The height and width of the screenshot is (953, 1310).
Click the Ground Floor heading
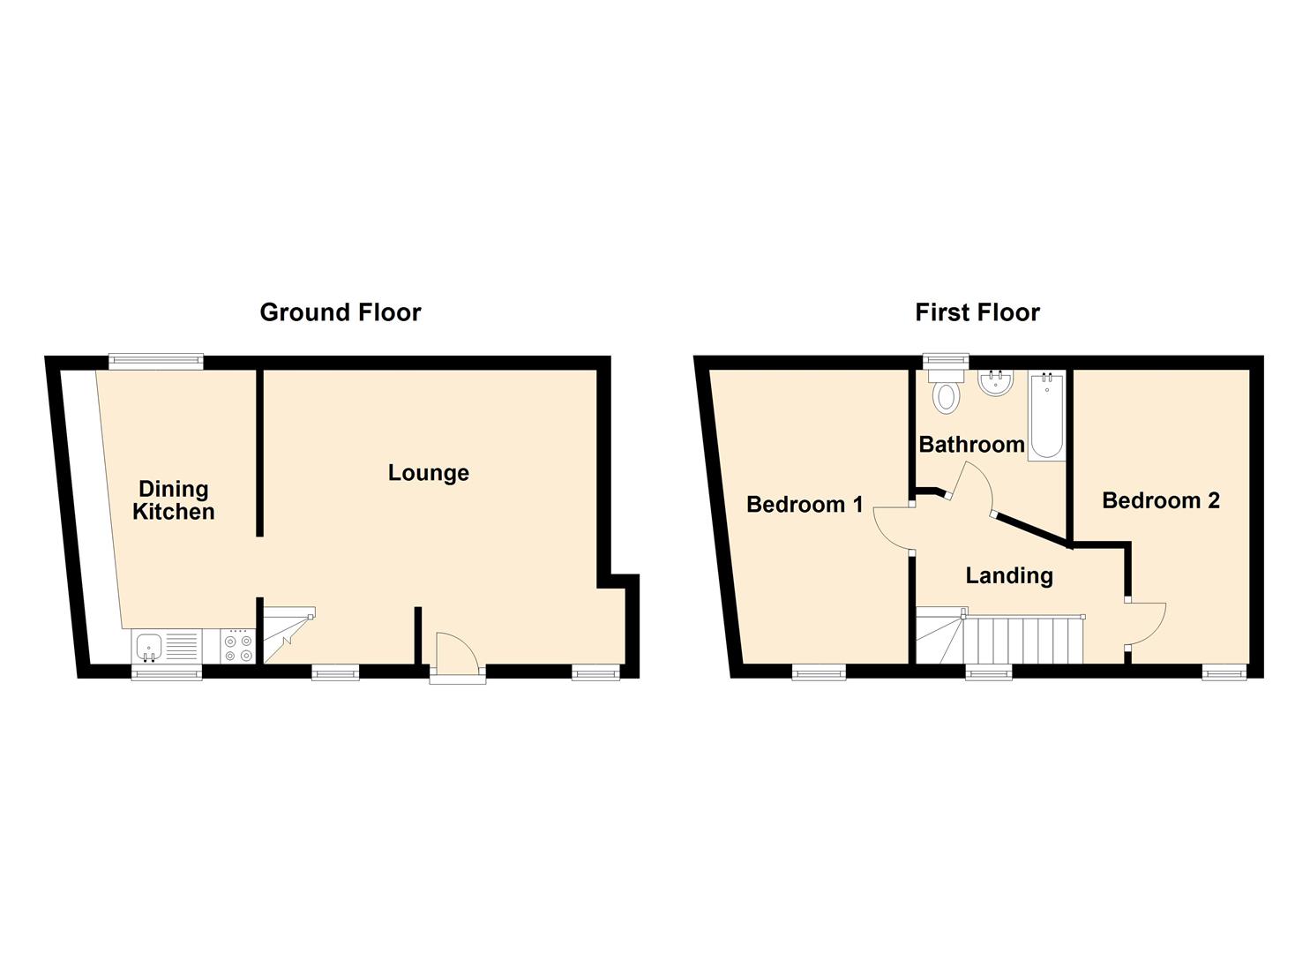pos(341,312)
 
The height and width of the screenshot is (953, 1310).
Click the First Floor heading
pos(977,312)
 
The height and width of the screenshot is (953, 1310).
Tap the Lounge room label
pos(429,473)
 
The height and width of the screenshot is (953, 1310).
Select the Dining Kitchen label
pos(174,500)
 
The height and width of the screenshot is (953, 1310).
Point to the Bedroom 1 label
pos(805,504)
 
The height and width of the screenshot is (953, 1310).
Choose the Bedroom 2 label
pos(1161,500)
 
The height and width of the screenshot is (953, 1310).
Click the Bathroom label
pos(971,445)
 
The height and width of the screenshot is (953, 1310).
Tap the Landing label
pos(1009,575)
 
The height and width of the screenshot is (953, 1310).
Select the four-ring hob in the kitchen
pos(238,647)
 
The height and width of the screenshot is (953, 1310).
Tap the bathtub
pos(1047,415)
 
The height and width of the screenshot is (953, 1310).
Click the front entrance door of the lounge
pos(459,651)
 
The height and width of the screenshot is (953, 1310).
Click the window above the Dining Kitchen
pos(156,361)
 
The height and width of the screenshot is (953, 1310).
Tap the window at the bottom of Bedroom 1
pos(819,672)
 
